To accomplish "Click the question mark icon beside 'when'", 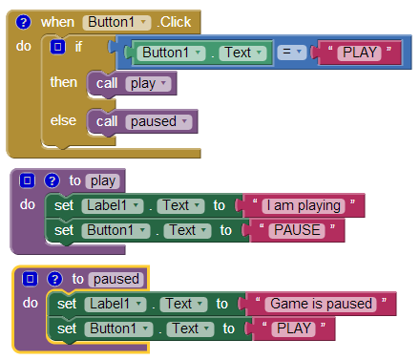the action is coord(23,22).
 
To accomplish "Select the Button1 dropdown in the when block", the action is coord(116,22).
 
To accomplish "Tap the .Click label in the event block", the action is coord(174,22).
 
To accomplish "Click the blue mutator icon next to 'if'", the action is coord(57,47).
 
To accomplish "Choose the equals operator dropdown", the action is coord(291,52).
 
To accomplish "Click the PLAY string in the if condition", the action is coord(360,53).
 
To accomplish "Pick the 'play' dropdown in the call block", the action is coord(148,84).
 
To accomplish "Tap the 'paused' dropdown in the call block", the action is coord(158,121).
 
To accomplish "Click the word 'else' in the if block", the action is coord(63,120).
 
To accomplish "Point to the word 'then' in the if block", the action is coord(64,82).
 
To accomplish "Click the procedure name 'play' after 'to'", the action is coord(103,180).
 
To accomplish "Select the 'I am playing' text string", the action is coord(304,205).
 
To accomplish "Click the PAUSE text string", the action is coord(297,230).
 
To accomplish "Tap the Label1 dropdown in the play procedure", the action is coord(113,205).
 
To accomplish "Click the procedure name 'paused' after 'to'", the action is coord(116,279).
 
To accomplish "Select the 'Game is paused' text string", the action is coord(321,304).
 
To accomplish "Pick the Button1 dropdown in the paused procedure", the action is coord(118,328).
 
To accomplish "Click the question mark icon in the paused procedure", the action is coord(54,279).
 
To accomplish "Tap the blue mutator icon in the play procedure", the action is coord(27,180).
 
